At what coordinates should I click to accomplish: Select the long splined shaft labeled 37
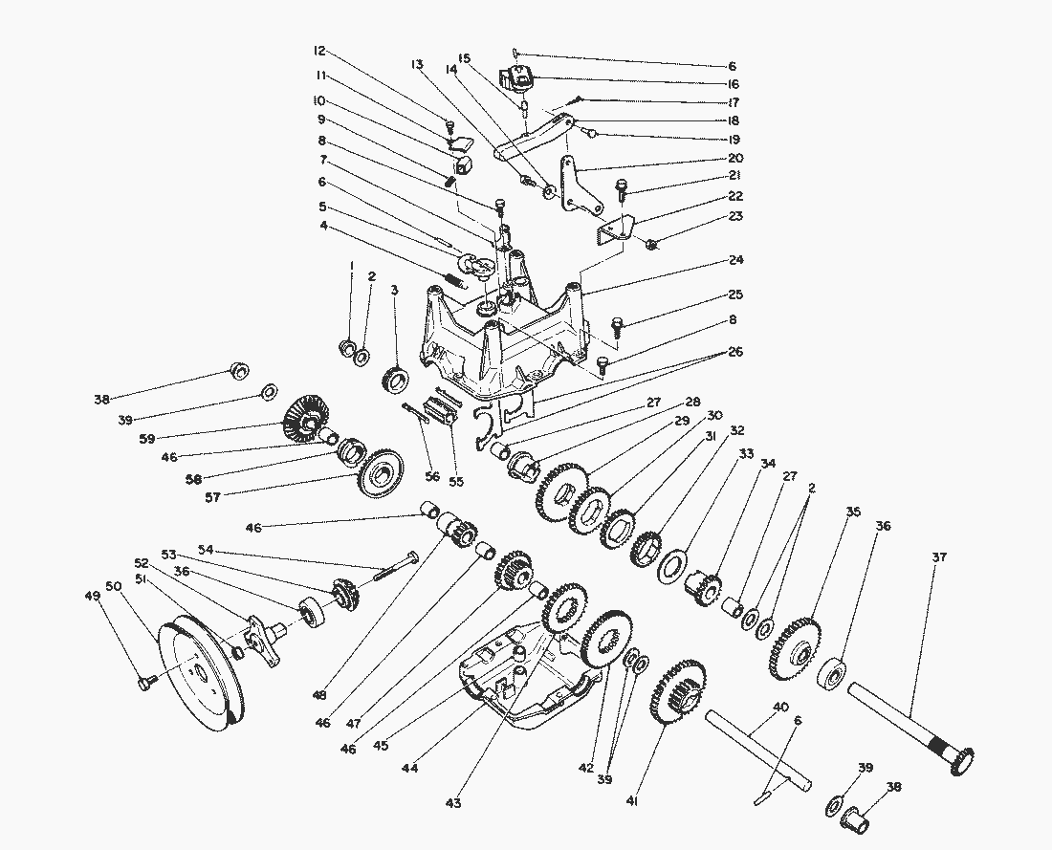[x=909, y=722]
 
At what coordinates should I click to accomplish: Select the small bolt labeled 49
[x=146, y=682]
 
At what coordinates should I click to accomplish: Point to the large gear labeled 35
[x=793, y=647]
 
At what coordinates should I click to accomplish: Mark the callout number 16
[x=733, y=84]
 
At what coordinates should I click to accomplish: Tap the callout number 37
[x=939, y=557]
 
